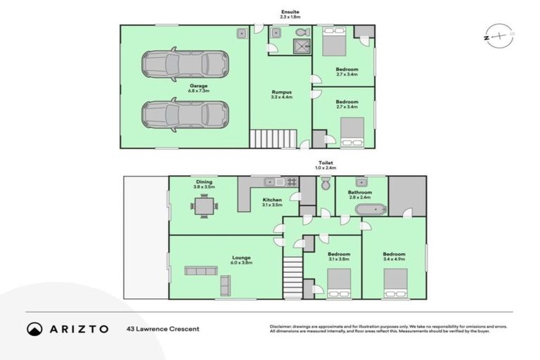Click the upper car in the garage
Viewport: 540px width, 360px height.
(186, 64)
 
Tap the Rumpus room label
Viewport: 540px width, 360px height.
(282, 95)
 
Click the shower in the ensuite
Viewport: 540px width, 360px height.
(302, 46)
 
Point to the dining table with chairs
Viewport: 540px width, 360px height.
(204, 206)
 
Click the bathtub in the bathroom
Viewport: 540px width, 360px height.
(369, 209)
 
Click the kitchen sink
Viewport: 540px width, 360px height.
(271, 182)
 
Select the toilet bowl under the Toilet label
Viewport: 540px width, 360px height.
(325, 184)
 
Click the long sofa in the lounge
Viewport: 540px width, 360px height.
(201, 271)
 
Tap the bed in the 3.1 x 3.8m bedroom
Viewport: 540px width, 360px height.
(339, 284)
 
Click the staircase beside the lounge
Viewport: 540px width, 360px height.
(292, 277)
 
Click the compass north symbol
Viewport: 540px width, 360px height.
(496, 35)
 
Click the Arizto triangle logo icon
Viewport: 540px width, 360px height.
(34, 328)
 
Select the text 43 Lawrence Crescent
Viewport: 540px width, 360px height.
(162, 328)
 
